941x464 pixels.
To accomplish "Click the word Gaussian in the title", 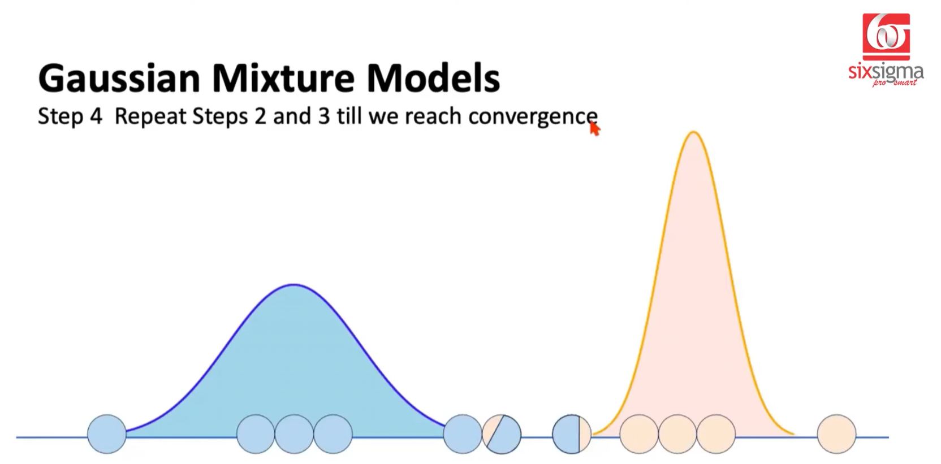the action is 119,79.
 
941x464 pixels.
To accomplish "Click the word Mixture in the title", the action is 284,79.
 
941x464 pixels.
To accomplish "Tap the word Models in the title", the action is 433,79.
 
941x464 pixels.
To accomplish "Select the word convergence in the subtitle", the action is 533,116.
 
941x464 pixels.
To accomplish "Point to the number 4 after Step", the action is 96,116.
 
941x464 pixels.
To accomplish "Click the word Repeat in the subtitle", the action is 150,117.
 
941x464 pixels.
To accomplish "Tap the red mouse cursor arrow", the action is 594,128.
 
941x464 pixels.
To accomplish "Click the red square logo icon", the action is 886,37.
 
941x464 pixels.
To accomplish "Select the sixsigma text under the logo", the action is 886,73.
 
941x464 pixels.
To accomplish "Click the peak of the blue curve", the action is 294,285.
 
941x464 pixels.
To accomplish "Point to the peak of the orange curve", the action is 693,132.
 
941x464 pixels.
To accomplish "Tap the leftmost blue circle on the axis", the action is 107,434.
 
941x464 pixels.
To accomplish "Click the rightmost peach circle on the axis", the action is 836,434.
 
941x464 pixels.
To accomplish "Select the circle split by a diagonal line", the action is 502,434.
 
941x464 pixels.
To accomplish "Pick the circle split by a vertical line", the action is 571,434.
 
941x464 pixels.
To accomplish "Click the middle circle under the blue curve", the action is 294,434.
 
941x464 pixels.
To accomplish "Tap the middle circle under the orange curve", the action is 677,434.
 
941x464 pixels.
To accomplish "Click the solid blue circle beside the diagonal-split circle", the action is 463,434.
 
